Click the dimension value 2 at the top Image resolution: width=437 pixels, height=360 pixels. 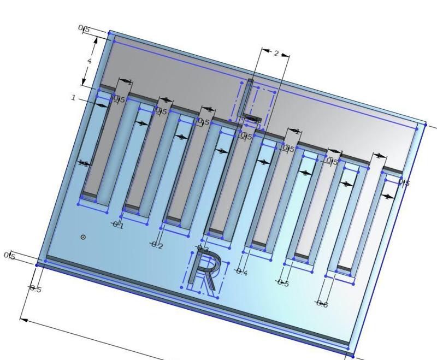pyautogui.click(x=276, y=54)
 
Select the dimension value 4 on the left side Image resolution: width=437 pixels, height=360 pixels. pyautogui.click(x=90, y=61)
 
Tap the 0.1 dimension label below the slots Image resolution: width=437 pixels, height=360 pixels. pyautogui.click(x=118, y=226)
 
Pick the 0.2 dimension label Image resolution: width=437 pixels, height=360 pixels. pyautogui.click(x=157, y=246)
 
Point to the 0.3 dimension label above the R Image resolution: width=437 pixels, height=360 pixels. pyautogui.click(x=203, y=250)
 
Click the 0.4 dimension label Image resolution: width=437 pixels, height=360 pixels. pyautogui.click(x=241, y=272)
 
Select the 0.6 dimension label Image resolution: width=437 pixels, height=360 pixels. pyautogui.click(x=322, y=304)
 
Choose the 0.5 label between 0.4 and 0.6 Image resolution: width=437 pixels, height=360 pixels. pyautogui.click(x=282, y=283)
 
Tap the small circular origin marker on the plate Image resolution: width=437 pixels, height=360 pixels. pyautogui.click(x=83, y=237)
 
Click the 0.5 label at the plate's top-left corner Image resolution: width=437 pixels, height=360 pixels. pyautogui.click(x=84, y=29)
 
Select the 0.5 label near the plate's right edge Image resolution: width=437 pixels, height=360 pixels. pyautogui.click(x=404, y=182)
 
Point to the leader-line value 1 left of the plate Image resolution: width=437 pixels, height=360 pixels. pyautogui.click(x=73, y=98)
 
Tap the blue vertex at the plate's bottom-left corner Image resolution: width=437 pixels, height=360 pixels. pyautogui.click(x=37, y=265)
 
